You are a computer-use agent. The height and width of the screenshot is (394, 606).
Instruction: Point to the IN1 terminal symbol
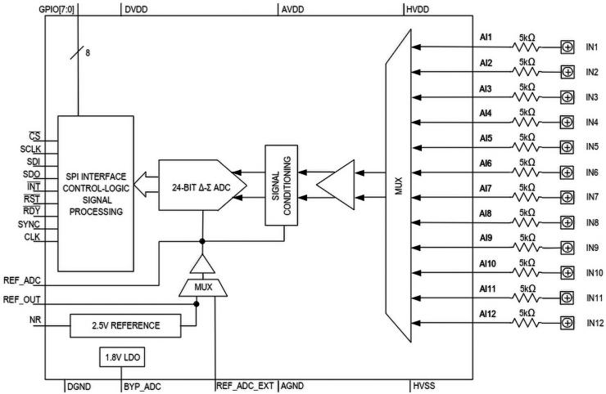click(x=567, y=47)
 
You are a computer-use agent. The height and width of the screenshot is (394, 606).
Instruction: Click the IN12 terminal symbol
click(x=567, y=323)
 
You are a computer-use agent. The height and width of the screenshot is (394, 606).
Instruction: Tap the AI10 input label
click(x=488, y=263)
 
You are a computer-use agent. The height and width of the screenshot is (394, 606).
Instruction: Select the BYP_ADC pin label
click(x=143, y=385)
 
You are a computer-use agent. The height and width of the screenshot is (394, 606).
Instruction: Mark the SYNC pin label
click(x=29, y=223)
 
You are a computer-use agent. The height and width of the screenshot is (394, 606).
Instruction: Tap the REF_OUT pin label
click(x=23, y=300)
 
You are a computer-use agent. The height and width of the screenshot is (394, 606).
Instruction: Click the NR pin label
click(x=34, y=319)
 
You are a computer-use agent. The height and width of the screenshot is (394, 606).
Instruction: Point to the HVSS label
click(x=423, y=385)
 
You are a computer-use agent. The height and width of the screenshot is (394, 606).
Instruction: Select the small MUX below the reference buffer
click(x=201, y=288)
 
